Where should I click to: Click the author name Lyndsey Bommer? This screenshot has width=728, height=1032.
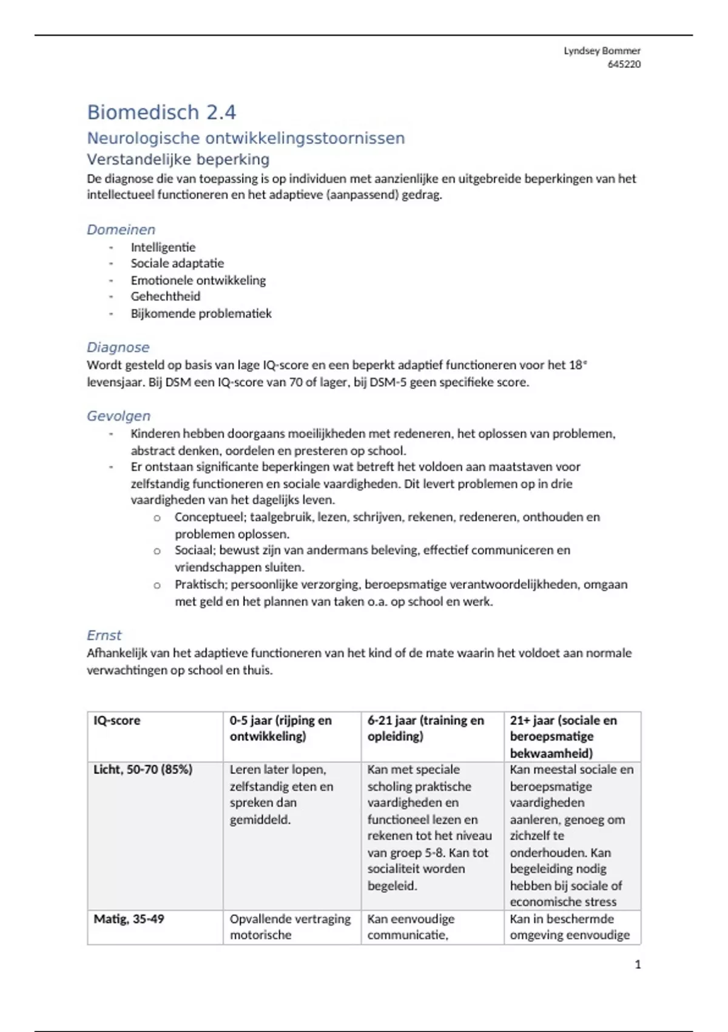(x=602, y=51)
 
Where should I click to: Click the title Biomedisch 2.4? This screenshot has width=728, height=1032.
(x=161, y=112)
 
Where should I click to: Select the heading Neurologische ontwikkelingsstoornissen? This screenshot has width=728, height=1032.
(x=246, y=138)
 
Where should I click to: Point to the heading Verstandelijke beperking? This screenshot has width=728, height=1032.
(x=178, y=160)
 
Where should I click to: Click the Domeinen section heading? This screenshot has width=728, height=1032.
(x=121, y=229)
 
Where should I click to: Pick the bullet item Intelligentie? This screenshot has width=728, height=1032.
(x=163, y=247)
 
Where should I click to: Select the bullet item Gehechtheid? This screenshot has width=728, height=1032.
(x=166, y=296)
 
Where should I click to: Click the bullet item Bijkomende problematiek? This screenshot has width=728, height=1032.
(x=201, y=313)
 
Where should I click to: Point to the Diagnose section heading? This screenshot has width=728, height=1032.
(x=118, y=347)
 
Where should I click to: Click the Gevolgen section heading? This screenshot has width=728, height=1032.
(x=118, y=416)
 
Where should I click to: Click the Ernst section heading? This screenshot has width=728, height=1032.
(x=104, y=635)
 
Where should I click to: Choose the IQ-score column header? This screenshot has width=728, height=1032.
(x=116, y=721)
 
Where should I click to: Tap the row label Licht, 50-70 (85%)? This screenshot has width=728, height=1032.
(x=143, y=770)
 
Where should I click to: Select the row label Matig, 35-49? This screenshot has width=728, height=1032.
(x=129, y=919)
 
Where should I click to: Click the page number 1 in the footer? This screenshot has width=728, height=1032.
(x=638, y=965)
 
